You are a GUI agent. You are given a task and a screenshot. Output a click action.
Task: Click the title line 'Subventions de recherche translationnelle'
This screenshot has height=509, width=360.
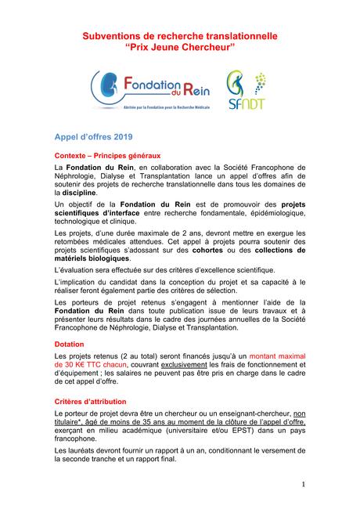click(x=180, y=36)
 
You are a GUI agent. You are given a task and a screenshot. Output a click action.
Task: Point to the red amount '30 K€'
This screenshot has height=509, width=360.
click(x=69, y=364)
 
